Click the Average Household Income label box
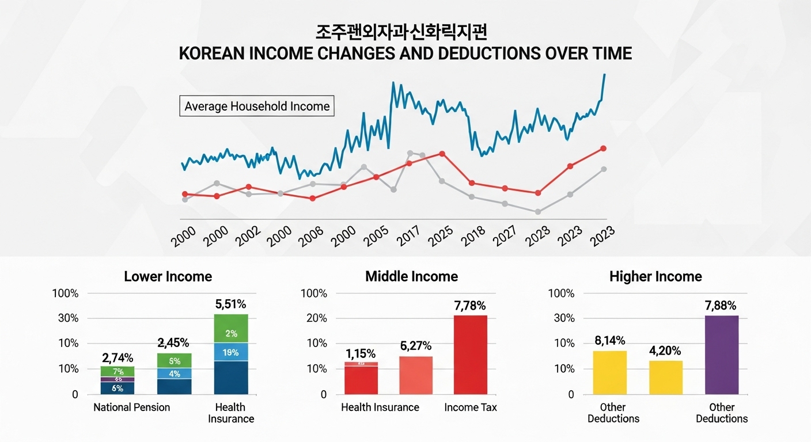pos(257,106)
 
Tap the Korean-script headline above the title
pos(405,32)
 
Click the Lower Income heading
pos(168,276)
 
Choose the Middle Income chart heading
pos(411,276)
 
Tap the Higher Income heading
pos(655,276)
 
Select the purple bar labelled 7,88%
pos(722,355)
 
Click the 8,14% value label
pos(609,341)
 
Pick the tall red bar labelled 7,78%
pos(471,355)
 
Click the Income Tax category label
pos(471,407)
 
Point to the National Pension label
pos(132,407)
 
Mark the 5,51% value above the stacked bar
pos(231,304)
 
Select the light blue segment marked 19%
pos(231,352)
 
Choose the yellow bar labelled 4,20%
pos(666,378)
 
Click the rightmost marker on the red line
pos(603,148)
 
